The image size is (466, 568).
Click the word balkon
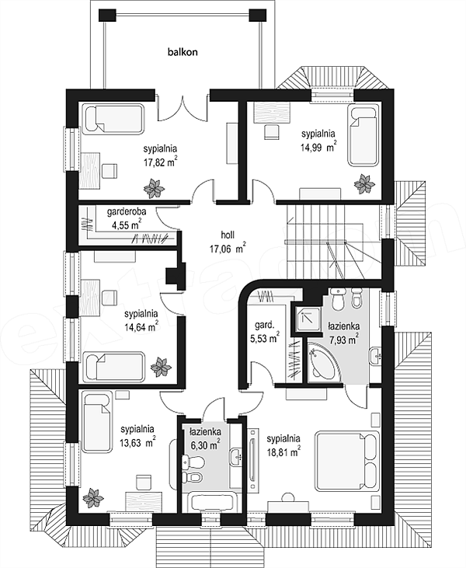pos(183,52)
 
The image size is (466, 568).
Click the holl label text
pos(228,235)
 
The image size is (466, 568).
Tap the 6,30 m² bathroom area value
pos(205,444)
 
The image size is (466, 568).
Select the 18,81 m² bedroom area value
pos(283,451)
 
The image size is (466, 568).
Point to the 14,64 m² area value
pos(141,327)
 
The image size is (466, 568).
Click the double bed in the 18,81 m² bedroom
pos(347,461)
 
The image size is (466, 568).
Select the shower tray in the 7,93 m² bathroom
pos(308,318)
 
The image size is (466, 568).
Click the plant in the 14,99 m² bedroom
pos(364,183)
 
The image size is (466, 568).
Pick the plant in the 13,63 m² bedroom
pos(93,498)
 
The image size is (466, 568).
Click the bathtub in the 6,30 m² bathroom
pos(212,502)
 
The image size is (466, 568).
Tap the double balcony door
pos(183,109)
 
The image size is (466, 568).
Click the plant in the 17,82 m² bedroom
pos(154,188)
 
